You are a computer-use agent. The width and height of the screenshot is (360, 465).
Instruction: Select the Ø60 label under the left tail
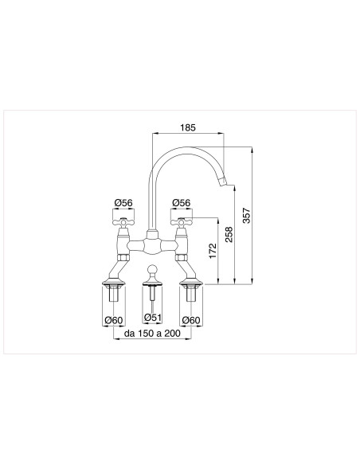pos(115,321)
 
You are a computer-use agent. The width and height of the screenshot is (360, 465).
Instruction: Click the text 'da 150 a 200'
pos(151,335)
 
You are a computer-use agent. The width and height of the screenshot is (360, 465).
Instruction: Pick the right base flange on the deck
pos(190,282)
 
